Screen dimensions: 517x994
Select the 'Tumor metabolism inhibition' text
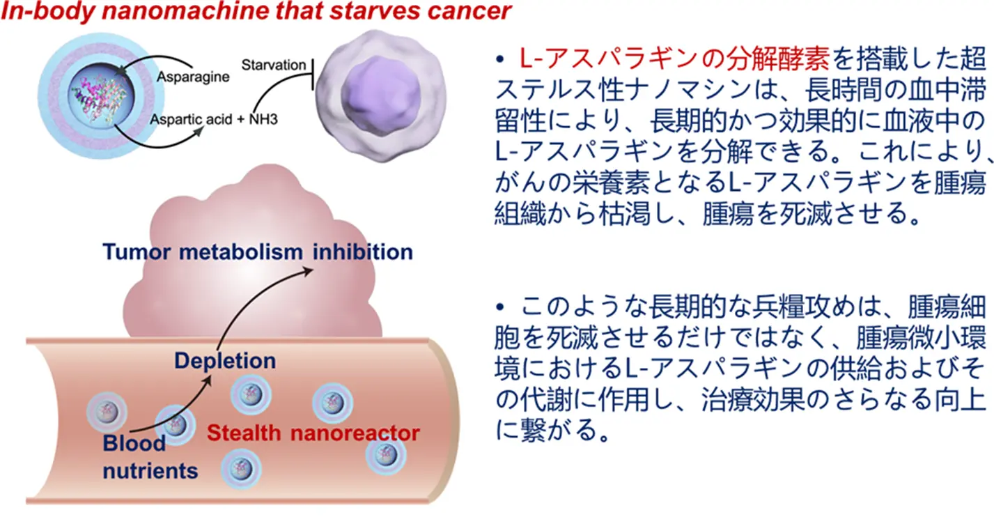pyautogui.click(x=257, y=252)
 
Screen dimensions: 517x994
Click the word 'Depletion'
pyautogui.click(x=224, y=361)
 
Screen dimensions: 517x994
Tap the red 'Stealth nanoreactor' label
pyautogui.click(x=313, y=433)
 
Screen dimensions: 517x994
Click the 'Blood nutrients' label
pyautogui.click(x=150, y=456)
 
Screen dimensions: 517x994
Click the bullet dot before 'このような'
pyautogui.click(x=499, y=307)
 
